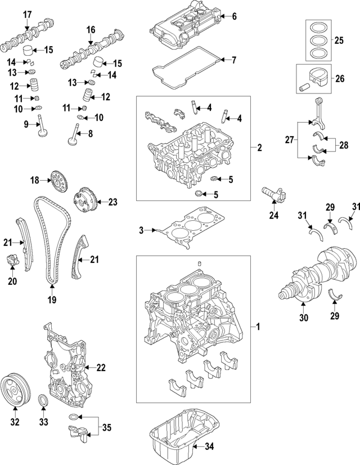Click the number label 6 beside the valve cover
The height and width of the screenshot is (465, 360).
[234, 16]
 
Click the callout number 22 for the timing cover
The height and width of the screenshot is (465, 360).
[101, 368]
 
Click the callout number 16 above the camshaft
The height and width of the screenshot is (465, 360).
[90, 29]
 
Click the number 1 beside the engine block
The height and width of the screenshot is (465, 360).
[258, 327]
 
